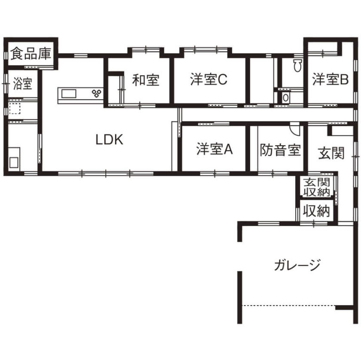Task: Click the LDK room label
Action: click(109, 140)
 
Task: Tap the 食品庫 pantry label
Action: click(31, 54)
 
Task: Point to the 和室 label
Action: click(145, 80)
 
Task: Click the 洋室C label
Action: click(209, 80)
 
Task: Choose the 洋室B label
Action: click(330, 80)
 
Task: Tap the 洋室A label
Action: click(215, 149)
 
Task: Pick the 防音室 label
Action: click(281, 150)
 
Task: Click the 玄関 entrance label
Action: click(331, 153)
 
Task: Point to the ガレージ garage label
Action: click(298, 266)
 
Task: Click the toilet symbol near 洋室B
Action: click(297, 66)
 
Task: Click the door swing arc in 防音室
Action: click(295, 128)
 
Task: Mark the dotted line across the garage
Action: click(288, 306)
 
